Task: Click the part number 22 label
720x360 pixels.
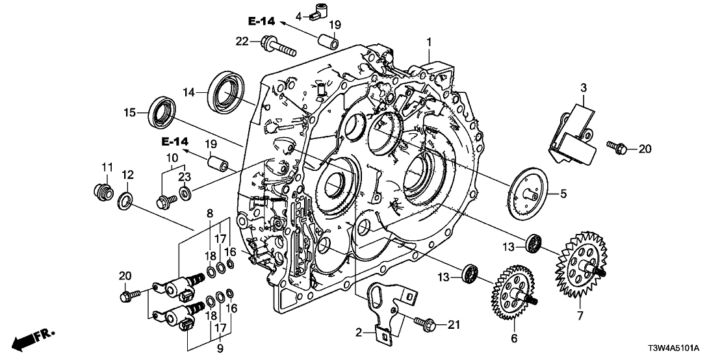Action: (x=242, y=42)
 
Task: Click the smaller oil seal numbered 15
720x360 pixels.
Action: (x=163, y=112)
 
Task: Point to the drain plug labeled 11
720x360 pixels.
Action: (x=100, y=193)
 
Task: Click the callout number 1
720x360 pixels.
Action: (x=428, y=42)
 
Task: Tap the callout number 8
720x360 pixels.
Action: (x=210, y=212)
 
